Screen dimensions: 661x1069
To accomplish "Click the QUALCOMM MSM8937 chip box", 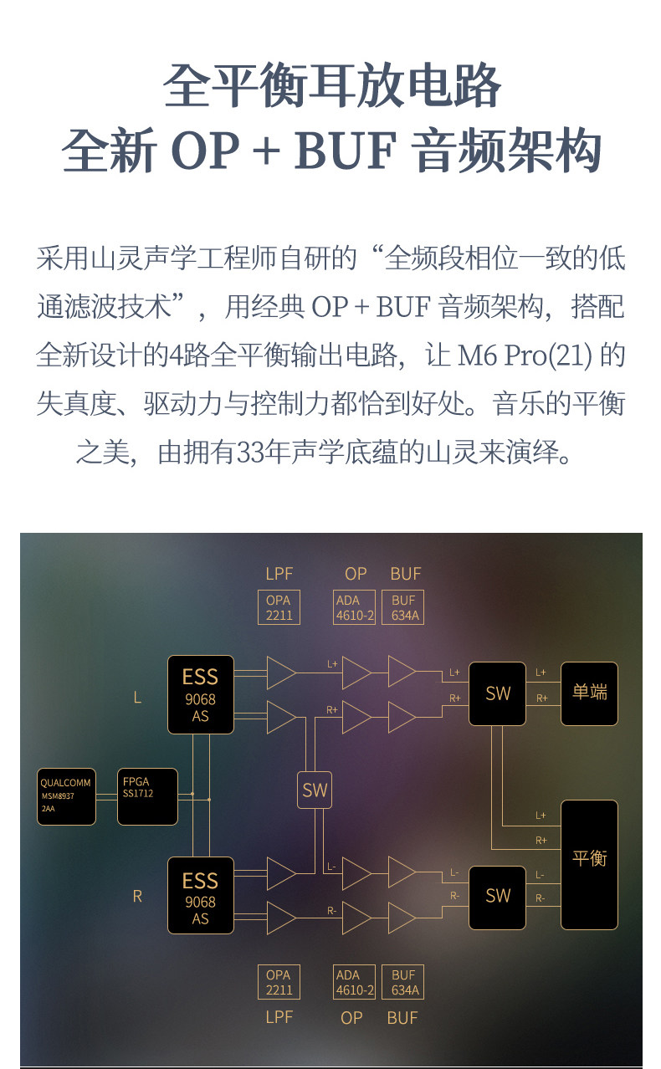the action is tap(66, 796).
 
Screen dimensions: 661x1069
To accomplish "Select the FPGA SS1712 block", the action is tap(147, 796).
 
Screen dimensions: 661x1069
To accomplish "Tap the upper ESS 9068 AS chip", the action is tap(200, 695).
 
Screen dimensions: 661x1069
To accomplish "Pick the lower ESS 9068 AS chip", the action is tap(200, 895).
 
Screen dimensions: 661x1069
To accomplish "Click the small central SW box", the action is tap(315, 790).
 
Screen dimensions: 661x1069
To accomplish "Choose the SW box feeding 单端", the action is tap(498, 693).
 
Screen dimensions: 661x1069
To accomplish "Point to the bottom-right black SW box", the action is tap(498, 897).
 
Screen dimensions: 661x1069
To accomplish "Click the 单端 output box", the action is tap(589, 693).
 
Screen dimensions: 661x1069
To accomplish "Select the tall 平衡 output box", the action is tap(589, 865).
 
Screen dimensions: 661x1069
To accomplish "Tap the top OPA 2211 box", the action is tap(279, 607).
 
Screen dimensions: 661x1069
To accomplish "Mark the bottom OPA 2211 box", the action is tap(279, 982).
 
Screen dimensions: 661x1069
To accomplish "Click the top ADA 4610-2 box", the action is tap(355, 607).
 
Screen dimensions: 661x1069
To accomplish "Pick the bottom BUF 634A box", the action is tap(404, 982).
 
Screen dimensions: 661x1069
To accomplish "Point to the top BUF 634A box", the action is tap(404, 607).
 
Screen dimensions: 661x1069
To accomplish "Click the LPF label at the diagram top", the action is tap(279, 574).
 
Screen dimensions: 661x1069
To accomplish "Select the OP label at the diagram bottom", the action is tap(352, 1018).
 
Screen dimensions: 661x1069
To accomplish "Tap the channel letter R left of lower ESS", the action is tap(137, 896).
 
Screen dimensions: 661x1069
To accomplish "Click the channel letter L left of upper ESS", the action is tap(137, 696).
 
